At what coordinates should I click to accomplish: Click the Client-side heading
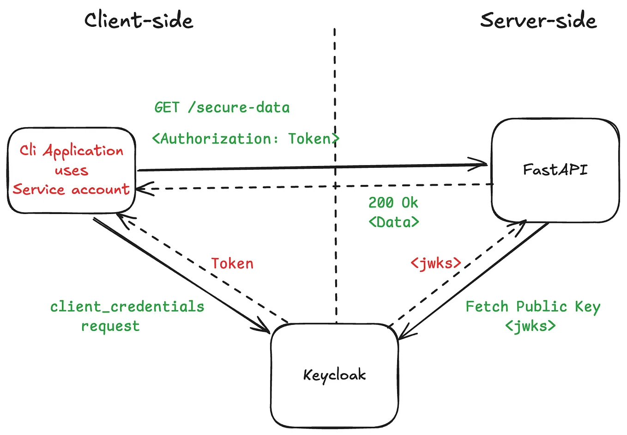pyautogui.click(x=139, y=21)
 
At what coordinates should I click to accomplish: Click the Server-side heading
pyautogui.click(x=538, y=21)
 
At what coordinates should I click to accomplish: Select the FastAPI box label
pyautogui.click(x=555, y=170)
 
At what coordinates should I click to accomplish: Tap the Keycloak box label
pyautogui.click(x=334, y=375)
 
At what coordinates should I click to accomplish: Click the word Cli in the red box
pyautogui.click(x=28, y=150)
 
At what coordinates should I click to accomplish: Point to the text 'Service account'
pyautogui.click(x=71, y=189)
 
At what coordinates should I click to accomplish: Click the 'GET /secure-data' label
pyautogui.click(x=222, y=108)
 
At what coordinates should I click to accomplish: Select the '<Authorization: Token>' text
pyautogui.click(x=245, y=139)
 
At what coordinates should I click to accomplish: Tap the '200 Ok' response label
pyautogui.click(x=393, y=202)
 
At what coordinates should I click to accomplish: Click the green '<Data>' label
pyautogui.click(x=394, y=222)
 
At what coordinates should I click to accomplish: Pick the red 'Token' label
pyautogui.click(x=232, y=263)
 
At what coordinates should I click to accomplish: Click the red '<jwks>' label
pyautogui.click(x=436, y=263)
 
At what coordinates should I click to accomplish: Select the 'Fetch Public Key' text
pyautogui.click(x=532, y=306)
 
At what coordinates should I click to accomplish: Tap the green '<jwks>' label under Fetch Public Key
pyautogui.click(x=530, y=326)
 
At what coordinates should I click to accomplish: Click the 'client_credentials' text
pyautogui.click(x=127, y=306)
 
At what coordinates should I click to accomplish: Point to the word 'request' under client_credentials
pyautogui.click(x=110, y=326)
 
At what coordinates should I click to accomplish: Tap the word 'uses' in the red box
pyautogui.click(x=71, y=170)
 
